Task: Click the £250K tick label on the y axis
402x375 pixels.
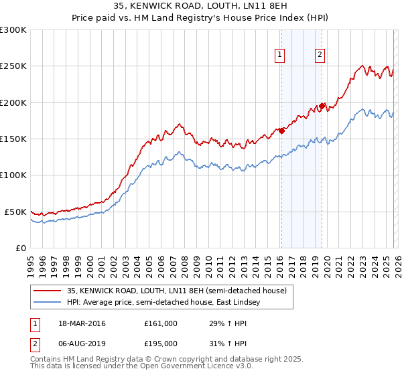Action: tap(13, 66)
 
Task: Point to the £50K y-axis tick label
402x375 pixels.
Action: tap(15, 212)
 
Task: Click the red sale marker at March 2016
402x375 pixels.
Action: tap(281, 131)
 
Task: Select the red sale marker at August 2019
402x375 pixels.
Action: tap(322, 106)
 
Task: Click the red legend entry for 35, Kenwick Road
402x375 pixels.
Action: tap(177, 291)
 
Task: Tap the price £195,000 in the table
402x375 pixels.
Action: tap(161, 343)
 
